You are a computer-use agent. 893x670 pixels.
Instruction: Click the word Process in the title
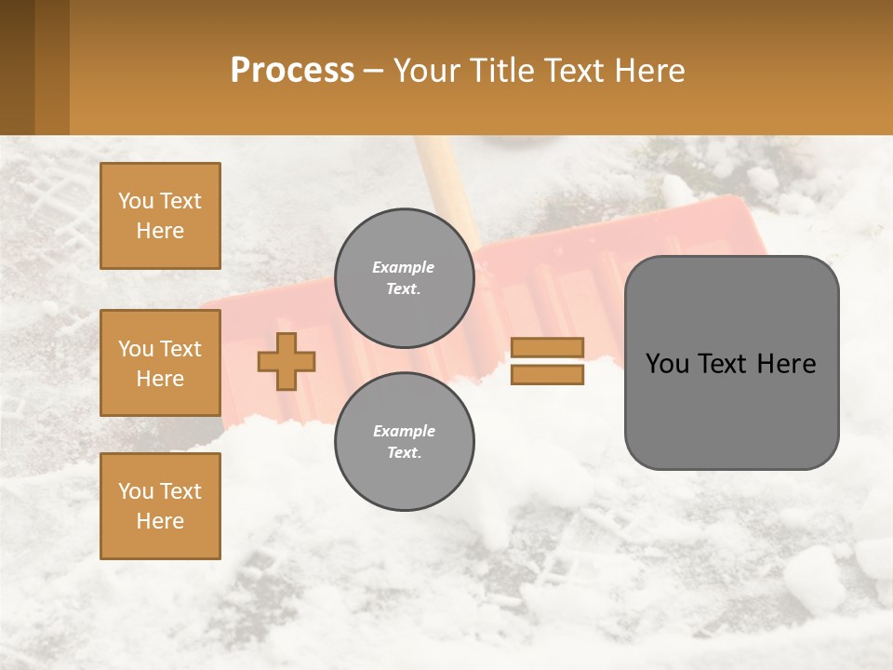tap(292, 71)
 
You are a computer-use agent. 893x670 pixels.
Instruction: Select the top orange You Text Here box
tap(160, 216)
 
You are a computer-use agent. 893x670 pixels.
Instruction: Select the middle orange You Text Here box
tap(160, 363)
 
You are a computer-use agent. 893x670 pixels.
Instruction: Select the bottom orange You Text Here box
tap(160, 506)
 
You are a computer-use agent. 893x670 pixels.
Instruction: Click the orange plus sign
tap(287, 361)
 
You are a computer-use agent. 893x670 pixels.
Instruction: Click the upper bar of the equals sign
tap(547, 347)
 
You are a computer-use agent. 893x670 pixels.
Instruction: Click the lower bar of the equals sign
tap(547, 374)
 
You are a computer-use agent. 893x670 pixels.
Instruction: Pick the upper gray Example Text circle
tap(405, 278)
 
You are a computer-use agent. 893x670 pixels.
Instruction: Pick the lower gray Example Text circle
tap(405, 441)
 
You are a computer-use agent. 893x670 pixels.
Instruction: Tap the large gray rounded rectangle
tap(731, 409)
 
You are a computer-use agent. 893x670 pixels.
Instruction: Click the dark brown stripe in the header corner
tap(17, 67)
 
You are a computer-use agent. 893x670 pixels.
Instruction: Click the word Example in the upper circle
tap(404, 267)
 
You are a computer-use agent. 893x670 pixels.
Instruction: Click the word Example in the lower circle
tap(404, 431)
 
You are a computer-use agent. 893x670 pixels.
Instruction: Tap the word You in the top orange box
tap(135, 201)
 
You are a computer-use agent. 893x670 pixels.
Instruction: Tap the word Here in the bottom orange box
tap(160, 521)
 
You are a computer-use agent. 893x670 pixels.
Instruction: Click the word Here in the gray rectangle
tap(787, 364)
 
